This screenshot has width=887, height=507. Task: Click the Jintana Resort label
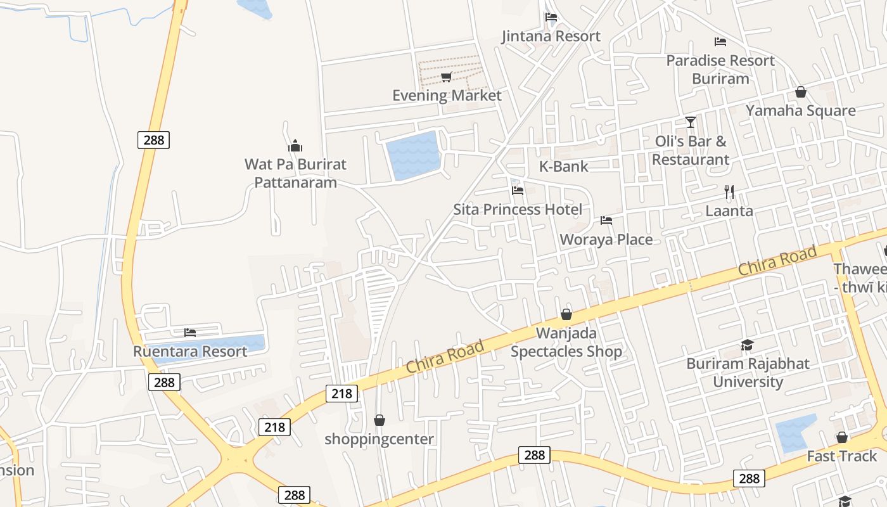click(x=551, y=36)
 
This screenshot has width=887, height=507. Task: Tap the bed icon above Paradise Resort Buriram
click(x=720, y=42)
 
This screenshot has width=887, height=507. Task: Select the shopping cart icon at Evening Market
click(x=446, y=77)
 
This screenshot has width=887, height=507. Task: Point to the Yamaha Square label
click(x=800, y=110)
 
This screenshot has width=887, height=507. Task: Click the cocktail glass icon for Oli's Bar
click(x=691, y=122)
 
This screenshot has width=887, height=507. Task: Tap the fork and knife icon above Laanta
click(x=729, y=191)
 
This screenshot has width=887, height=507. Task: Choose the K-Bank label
click(x=563, y=167)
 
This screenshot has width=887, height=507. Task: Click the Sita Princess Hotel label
click(x=517, y=209)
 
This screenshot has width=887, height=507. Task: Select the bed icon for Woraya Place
click(x=606, y=221)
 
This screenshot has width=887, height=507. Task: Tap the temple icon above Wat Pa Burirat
click(x=295, y=146)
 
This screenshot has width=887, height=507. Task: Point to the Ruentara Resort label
click(x=189, y=351)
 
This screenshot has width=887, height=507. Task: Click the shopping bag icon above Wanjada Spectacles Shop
click(x=566, y=314)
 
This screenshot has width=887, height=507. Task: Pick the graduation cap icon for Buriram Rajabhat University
click(x=748, y=345)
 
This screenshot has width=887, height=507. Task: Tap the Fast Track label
click(x=841, y=456)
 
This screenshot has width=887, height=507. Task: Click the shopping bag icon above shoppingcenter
click(x=379, y=420)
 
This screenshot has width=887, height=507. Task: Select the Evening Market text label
click(x=447, y=96)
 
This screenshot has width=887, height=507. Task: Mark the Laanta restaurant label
click(x=729, y=210)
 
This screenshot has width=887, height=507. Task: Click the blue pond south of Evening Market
click(x=412, y=155)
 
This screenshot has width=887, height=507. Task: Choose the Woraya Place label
click(x=606, y=240)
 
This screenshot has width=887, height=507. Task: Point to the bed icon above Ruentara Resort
click(x=190, y=332)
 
